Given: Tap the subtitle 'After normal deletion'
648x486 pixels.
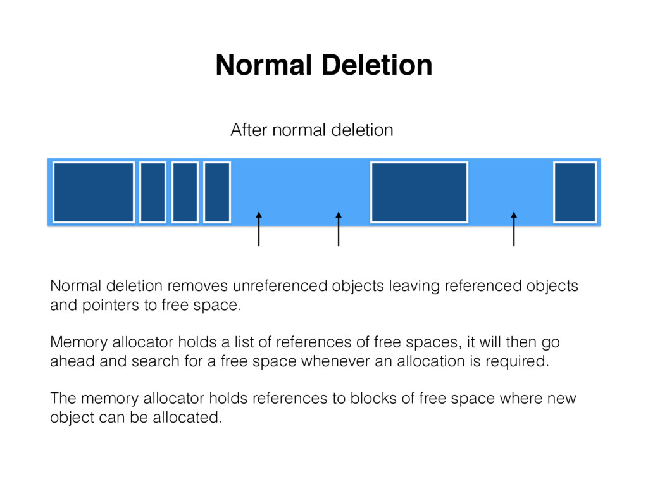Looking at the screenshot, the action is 311,130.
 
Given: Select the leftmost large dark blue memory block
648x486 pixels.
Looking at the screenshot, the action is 94,192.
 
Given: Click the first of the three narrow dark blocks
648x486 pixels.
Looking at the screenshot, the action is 153,192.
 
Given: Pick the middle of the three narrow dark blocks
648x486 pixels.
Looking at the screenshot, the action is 185,192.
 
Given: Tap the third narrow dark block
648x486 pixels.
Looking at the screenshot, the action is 216,192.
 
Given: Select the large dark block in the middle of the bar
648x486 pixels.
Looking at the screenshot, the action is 419,192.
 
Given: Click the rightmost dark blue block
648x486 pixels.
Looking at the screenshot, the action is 575,192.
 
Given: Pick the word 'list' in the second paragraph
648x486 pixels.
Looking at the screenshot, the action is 245,343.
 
